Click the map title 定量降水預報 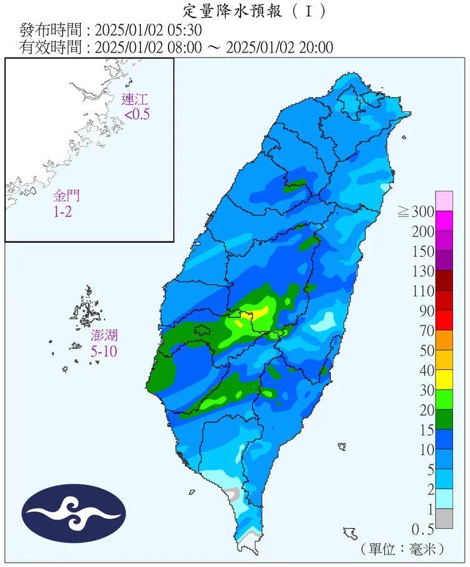[235, 11]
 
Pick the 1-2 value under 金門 [63, 212]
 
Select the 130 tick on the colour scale [424, 271]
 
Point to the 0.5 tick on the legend [424, 528]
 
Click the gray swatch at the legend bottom [444, 518]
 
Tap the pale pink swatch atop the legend [444, 201]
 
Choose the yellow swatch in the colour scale [444, 379]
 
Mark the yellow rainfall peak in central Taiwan [260, 312]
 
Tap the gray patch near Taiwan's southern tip [234, 494]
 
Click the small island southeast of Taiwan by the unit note [350, 534]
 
